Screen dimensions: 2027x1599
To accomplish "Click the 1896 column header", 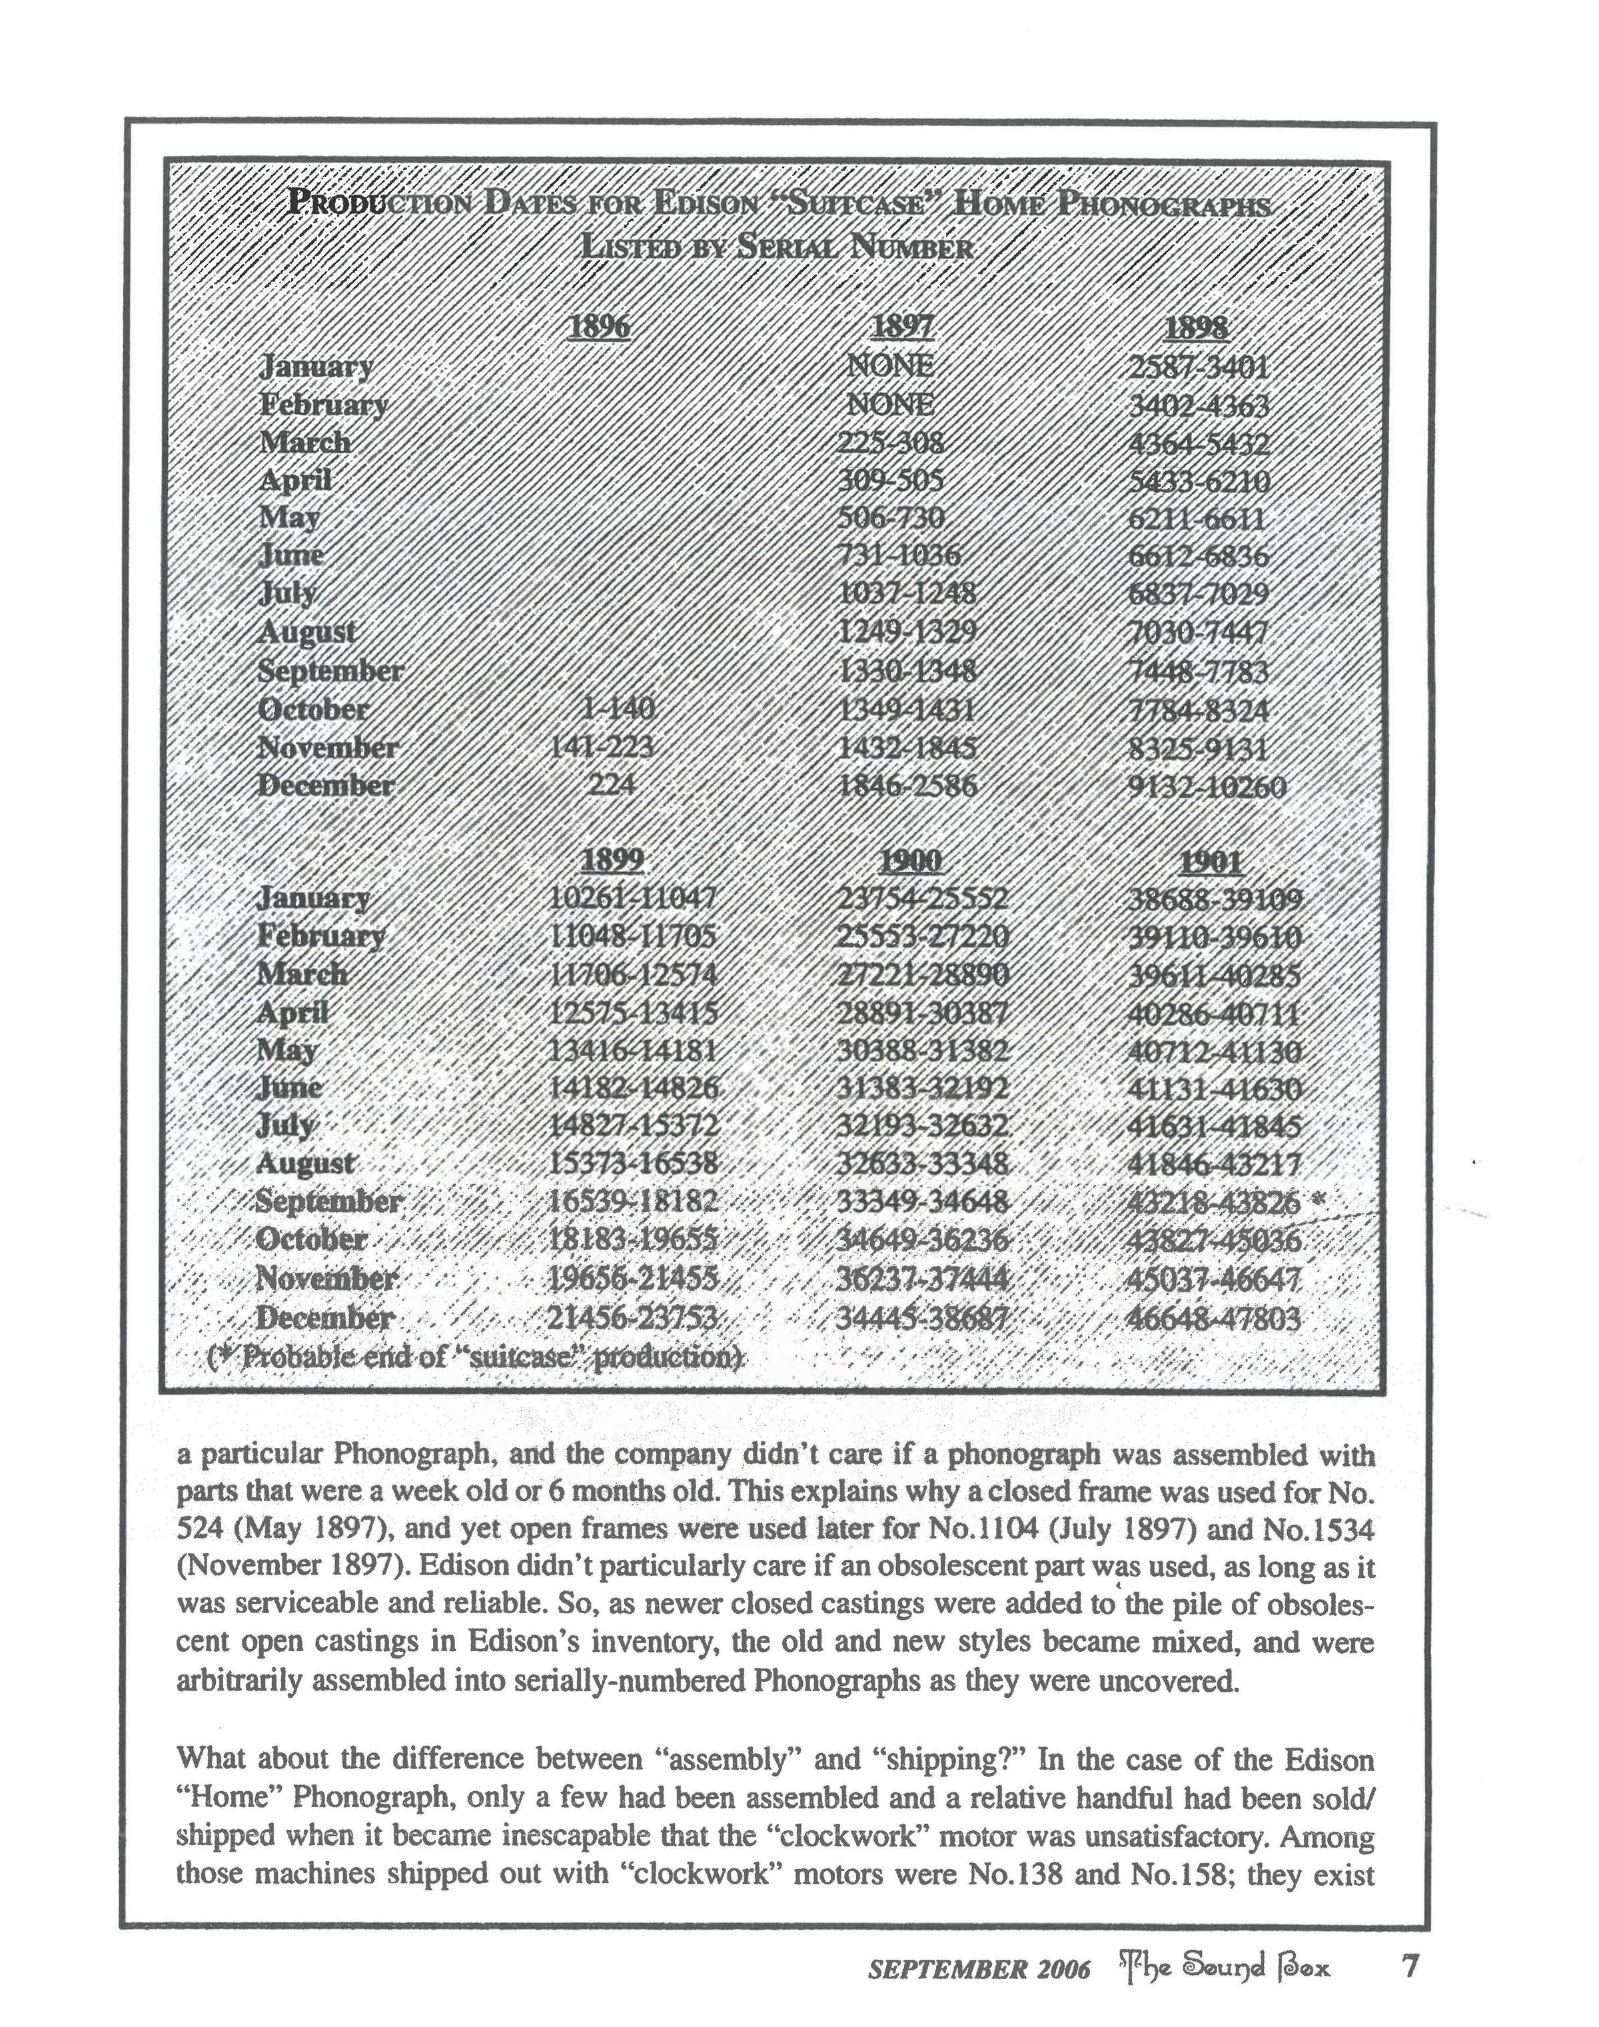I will [599, 328].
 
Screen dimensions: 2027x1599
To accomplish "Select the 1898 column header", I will [1197, 328].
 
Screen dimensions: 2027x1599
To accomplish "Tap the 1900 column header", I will [911, 860].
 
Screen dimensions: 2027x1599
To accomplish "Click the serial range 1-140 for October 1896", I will [617, 709].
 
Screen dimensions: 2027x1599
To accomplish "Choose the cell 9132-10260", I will [1209, 786].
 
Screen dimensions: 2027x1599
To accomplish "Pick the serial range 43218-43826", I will [1215, 1202].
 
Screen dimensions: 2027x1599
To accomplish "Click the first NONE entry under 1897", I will [889, 365].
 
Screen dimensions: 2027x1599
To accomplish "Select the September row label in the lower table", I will [330, 1201].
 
